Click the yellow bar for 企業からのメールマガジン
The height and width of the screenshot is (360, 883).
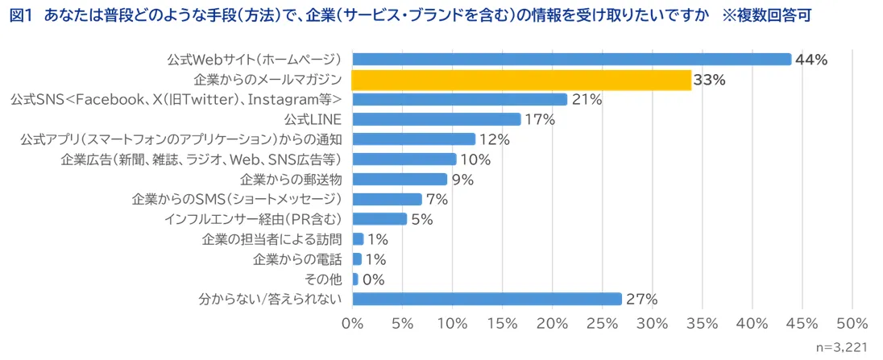click(521, 80)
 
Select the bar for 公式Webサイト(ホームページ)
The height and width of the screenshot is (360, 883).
click(572, 60)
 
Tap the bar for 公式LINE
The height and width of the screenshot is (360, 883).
click(437, 119)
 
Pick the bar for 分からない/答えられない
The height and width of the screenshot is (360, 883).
click(487, 299)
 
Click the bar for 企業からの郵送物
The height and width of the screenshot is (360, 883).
click(400, 179)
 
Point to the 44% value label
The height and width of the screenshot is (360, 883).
click(812, 60)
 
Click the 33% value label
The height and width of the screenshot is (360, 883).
click(709, 80)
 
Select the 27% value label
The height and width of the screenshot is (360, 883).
click(641, 299)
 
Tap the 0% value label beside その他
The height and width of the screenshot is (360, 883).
click(374, 279)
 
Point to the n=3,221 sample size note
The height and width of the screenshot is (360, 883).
click(842, 348)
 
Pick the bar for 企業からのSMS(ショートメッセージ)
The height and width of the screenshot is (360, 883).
click(388, 199)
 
